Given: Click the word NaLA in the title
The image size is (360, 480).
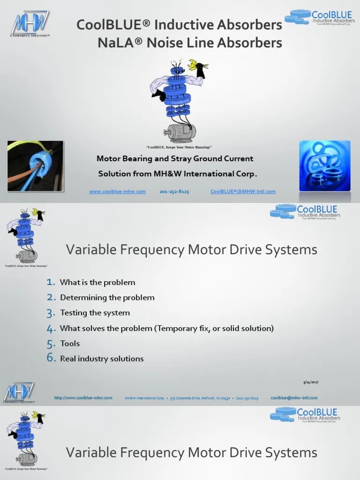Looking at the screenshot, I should coord(115,43).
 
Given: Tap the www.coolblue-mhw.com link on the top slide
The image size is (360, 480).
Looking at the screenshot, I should coord(117,192).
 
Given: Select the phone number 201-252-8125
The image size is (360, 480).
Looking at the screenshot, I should coord(174,192).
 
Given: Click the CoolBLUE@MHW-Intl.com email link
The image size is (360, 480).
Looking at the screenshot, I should coord(243,192).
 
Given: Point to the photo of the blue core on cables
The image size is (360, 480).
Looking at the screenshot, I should coord(35,166).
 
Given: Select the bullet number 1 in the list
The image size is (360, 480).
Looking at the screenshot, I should coord(51,282).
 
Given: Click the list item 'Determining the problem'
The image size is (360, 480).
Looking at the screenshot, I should coord(107,298).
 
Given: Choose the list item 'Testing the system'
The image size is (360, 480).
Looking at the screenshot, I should coord(95,313).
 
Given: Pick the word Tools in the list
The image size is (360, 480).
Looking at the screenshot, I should coord(70,344).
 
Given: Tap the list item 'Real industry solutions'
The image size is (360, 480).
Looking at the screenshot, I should coord(102,359).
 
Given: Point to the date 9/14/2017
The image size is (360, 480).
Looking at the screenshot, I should coord(311,382).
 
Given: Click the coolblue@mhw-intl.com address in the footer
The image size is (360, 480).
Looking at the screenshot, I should coord(294,398).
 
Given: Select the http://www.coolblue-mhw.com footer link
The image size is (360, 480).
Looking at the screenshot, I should coord(83,398).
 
